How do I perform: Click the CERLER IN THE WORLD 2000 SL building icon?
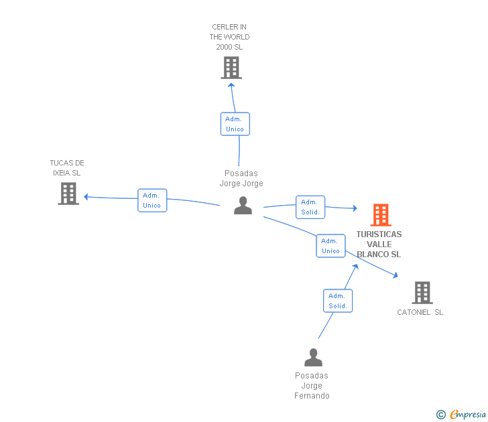click(x=231, y=68)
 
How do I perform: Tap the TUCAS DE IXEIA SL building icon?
click(x=68, y=194)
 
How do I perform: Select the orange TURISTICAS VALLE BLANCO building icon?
click(x=381, y=215)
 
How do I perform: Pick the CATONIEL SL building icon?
click(x=422, y=293)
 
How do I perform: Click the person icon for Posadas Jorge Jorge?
click(x=243, y=206)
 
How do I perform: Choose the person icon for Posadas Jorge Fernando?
click(x=314, y=357)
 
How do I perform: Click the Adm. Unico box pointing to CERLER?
click(x=235, y=124)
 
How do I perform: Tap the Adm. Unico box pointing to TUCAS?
click(x=152, y=200)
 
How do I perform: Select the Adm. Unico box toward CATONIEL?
click(x=331, y=246)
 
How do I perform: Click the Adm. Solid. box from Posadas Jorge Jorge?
click(x=310, y=207)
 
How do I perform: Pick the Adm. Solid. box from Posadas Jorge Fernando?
click(x=338, y=301)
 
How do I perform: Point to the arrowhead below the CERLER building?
click(x=231, y=85)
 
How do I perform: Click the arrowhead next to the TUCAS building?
click(x=86, y=197)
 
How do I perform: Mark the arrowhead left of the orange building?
click(x=355, y=208)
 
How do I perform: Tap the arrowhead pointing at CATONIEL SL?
click(x=395, y=275)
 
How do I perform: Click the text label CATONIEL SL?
click(x=420, y=312)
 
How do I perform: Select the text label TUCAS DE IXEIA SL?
click(x=67, y=168)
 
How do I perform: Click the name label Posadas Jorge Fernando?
click(x=312, y=386)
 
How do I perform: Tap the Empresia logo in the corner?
click(x=468, y=415)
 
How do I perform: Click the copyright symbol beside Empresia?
click(x=441, y=415)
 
